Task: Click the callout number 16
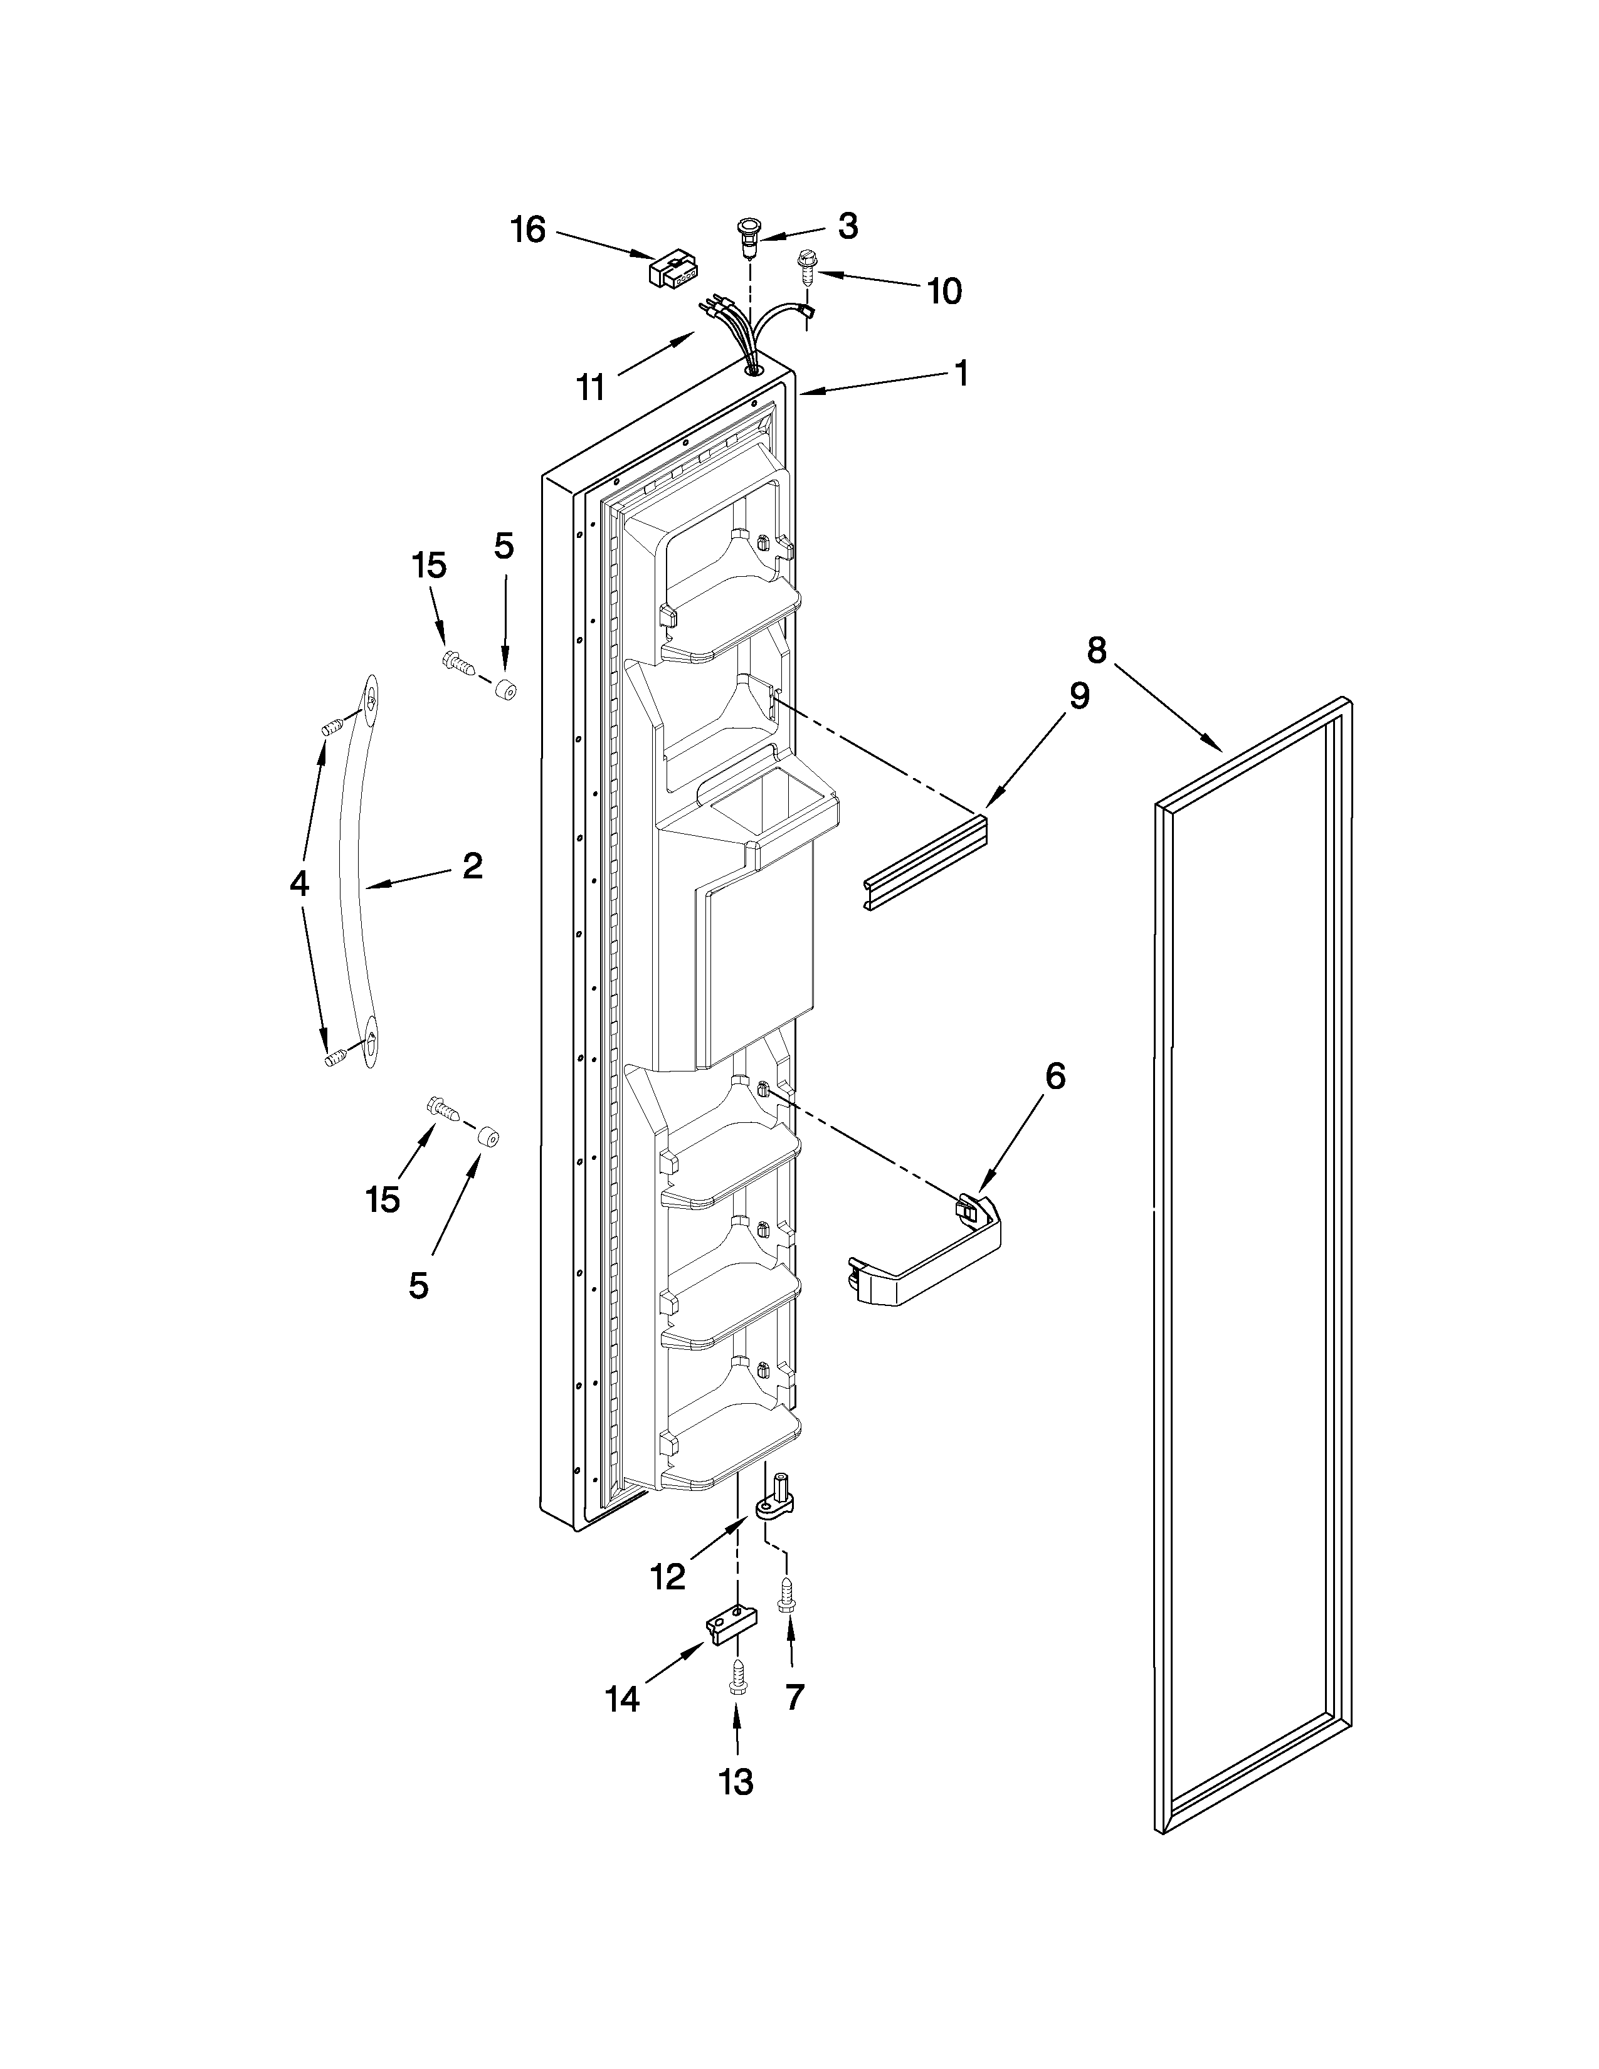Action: tap(529, 229)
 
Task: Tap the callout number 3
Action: tap(848, 226)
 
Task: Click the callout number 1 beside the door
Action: tap(961, 373)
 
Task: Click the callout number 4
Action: tap(299, 884)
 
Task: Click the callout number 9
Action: tap(1079, 697)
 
